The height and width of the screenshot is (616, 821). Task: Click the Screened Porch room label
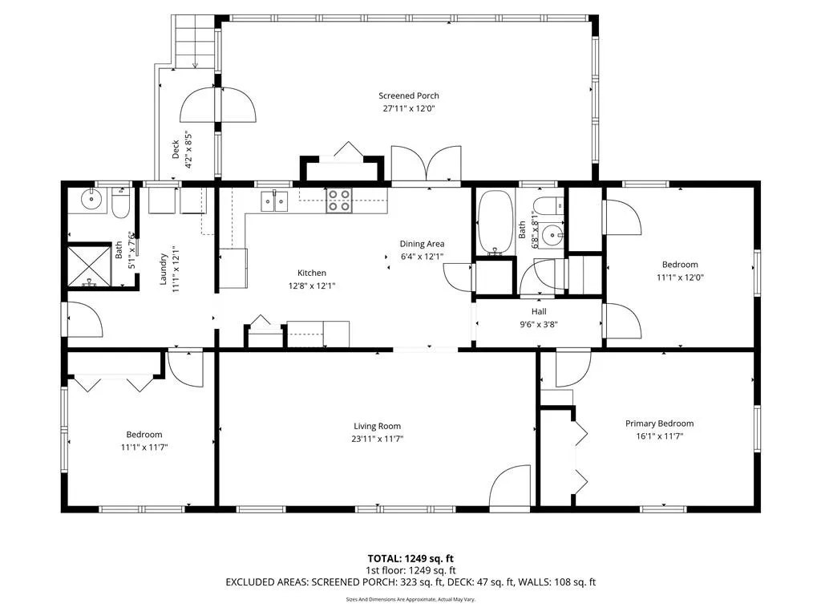tap(409, 96)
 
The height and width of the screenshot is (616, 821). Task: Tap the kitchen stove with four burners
tap(339, 201)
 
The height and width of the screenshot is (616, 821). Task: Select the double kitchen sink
tap(274, 201)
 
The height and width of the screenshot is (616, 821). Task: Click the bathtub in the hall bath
tap(495, 222)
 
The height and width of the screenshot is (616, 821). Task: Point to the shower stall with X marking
tap(90, 266)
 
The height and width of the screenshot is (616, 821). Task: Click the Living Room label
tap(377, 427)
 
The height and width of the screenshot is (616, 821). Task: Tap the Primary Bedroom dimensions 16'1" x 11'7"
tap(660, 436)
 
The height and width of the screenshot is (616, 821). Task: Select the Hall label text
tap(539, 312)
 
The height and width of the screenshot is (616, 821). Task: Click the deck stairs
tap(194, 41)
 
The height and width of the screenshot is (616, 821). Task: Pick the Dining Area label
tap(422, 244)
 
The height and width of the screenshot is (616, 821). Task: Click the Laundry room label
tap(163, 269)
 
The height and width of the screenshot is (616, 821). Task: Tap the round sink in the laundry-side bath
tap(91, 198)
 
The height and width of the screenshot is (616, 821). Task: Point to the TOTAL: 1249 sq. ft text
tap(410, 558)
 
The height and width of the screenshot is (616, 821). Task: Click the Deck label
tap(176, 148)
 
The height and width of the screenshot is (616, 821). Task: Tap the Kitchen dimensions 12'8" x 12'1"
tap(312, 286)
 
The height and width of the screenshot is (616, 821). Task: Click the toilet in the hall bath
tap(548, 205)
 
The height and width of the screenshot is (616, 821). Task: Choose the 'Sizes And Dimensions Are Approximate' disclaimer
tap(410, 599)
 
